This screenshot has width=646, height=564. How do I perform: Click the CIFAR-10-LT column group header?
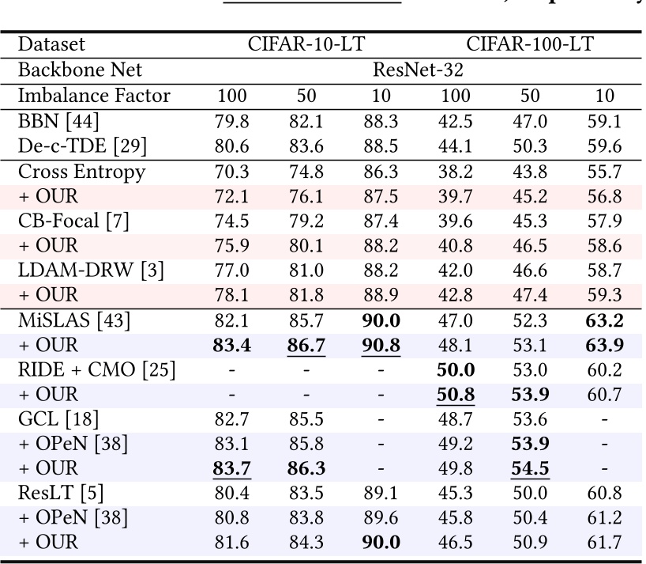(x=306, y=45)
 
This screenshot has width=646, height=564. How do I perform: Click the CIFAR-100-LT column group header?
(x=531, y=45)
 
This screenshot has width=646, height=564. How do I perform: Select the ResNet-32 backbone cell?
(x=418, y=70)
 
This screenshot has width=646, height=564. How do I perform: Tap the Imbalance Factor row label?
(x=94, y=97)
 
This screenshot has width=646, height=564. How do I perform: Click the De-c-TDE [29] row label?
(x=82, y=147)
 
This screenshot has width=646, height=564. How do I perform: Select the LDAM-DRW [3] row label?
(x=91, y=271)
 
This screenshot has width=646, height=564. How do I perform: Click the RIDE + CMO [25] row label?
(x=96, y=370)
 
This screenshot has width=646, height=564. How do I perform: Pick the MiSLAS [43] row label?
(x=74, y=320)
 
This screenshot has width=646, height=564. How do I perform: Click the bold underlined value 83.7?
(x=231, y=468)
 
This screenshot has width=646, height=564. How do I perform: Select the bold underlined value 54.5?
(x=531, y=468)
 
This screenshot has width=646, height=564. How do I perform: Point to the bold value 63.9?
(x=605, y=346)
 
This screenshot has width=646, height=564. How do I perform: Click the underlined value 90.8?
(x=381, y=346)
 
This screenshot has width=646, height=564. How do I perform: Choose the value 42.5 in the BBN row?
(x=456, y=122)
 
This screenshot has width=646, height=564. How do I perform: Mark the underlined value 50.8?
(x=456, y=395)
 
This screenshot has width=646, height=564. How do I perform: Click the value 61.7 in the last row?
(x=605, y=543)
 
